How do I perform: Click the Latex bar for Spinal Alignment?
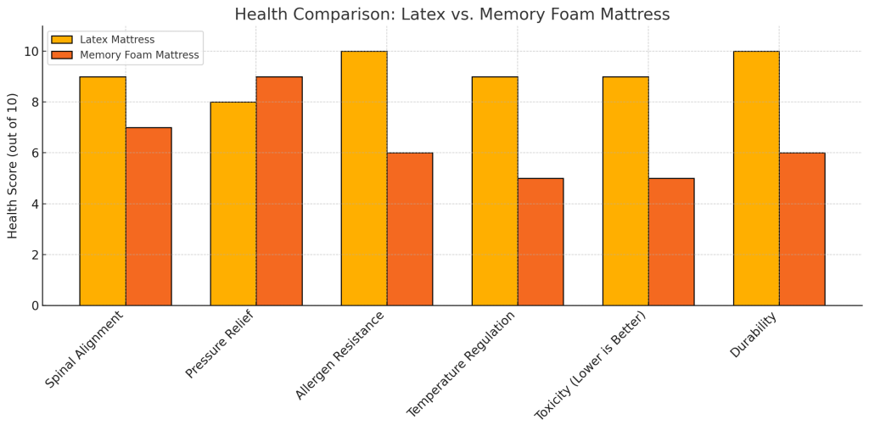[103, 191]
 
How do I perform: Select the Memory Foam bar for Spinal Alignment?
[149, 216]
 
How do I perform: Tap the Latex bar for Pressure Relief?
[233, 204]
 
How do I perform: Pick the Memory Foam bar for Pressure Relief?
[279, 191]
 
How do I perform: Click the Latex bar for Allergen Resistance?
[364, 178]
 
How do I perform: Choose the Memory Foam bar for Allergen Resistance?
[410, 229]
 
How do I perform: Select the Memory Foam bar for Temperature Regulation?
[541, 242]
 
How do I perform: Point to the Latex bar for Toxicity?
[625, 191]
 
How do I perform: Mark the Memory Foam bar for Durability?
[802, 229]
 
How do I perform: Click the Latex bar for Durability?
[756, 178]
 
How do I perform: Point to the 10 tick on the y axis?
[31, 52]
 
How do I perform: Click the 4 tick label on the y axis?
[34, 204]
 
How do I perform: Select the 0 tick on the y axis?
[34, 305]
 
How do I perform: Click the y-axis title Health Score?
[13, 165]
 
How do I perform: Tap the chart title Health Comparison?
[451, 14]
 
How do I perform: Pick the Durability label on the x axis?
[754, 334]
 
